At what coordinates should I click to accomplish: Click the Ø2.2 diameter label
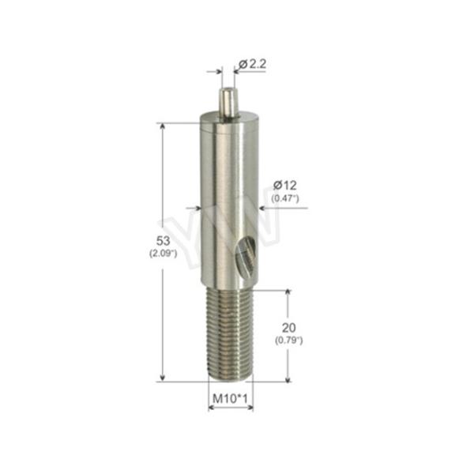pyautogui.click(x=250, y=64)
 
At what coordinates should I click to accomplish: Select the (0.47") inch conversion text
pyautogui.click(x=284, y=198)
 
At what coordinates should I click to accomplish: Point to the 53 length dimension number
pyautogui.click(x=164, y=240)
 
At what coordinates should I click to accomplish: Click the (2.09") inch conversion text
pyautogui.click(x=164, y=254)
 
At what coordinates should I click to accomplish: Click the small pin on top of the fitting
pyautogui.click(x=228, y=101)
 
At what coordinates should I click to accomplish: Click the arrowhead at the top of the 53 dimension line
pyautogui.click(x=164, y=127)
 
